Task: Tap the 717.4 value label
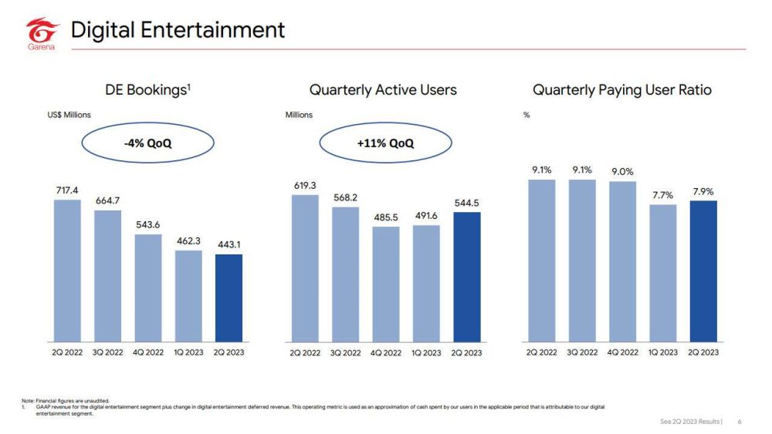67,189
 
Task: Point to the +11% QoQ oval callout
385,143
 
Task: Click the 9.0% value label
622,171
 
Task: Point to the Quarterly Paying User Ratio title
622,90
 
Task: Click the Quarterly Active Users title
383,90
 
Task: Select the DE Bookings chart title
148,90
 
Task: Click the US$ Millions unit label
69,115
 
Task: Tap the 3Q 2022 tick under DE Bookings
108,352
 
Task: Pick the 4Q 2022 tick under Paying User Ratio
622,352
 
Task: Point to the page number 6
740,422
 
